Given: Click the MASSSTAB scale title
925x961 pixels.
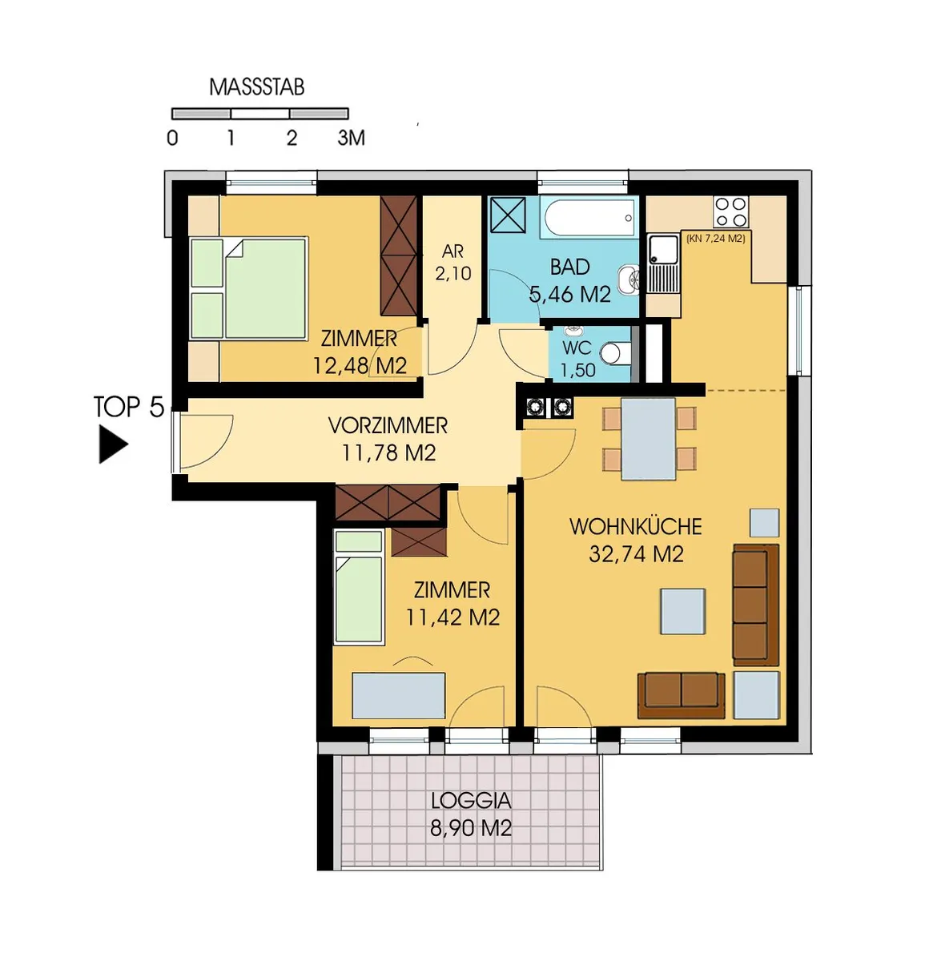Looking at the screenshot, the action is click(257, 87).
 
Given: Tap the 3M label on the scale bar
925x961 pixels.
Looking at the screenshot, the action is click(351, 138).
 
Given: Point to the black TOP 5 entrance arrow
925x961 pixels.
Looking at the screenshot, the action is click(113, 444).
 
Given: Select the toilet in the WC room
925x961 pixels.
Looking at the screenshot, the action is click(615, 354).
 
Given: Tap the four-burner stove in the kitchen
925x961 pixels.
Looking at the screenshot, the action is click(730, 211).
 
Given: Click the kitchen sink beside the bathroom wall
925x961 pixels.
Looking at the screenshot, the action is click(663, 263).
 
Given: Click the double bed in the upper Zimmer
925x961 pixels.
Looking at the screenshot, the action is click(248, 288).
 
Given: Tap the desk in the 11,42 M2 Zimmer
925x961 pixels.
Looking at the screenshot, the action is click(398, 695).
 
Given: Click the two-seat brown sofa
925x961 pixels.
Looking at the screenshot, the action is click(681, 695).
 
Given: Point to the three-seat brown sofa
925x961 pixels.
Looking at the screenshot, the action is click(755, 605).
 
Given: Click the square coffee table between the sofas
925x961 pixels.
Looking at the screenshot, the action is click(683, 611).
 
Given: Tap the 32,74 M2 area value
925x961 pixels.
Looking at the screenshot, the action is click(636, 554).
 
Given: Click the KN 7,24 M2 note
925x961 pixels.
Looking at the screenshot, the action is click(716, 238).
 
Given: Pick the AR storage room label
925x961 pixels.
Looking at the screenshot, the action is click(452, 251).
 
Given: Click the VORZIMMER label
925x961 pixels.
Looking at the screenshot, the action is click(388, 426).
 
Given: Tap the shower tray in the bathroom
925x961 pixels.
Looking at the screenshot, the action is click(508, 214).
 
